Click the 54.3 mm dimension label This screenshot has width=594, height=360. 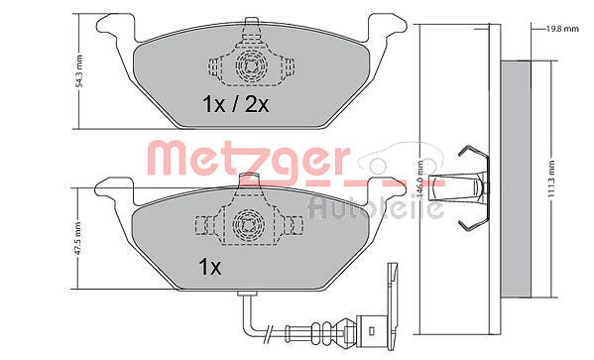click(79, 71)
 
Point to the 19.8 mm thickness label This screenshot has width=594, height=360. click(562, 29)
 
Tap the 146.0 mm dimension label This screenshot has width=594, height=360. click(419, 179)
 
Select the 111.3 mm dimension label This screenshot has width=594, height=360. click(551, 179)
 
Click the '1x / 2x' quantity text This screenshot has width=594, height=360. click(236, 104)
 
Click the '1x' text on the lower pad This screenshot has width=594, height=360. click(210, 267)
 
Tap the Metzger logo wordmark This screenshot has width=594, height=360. click(248, 159)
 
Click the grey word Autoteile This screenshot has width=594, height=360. click(376, 207)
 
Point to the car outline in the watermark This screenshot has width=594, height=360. click(402, 158)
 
